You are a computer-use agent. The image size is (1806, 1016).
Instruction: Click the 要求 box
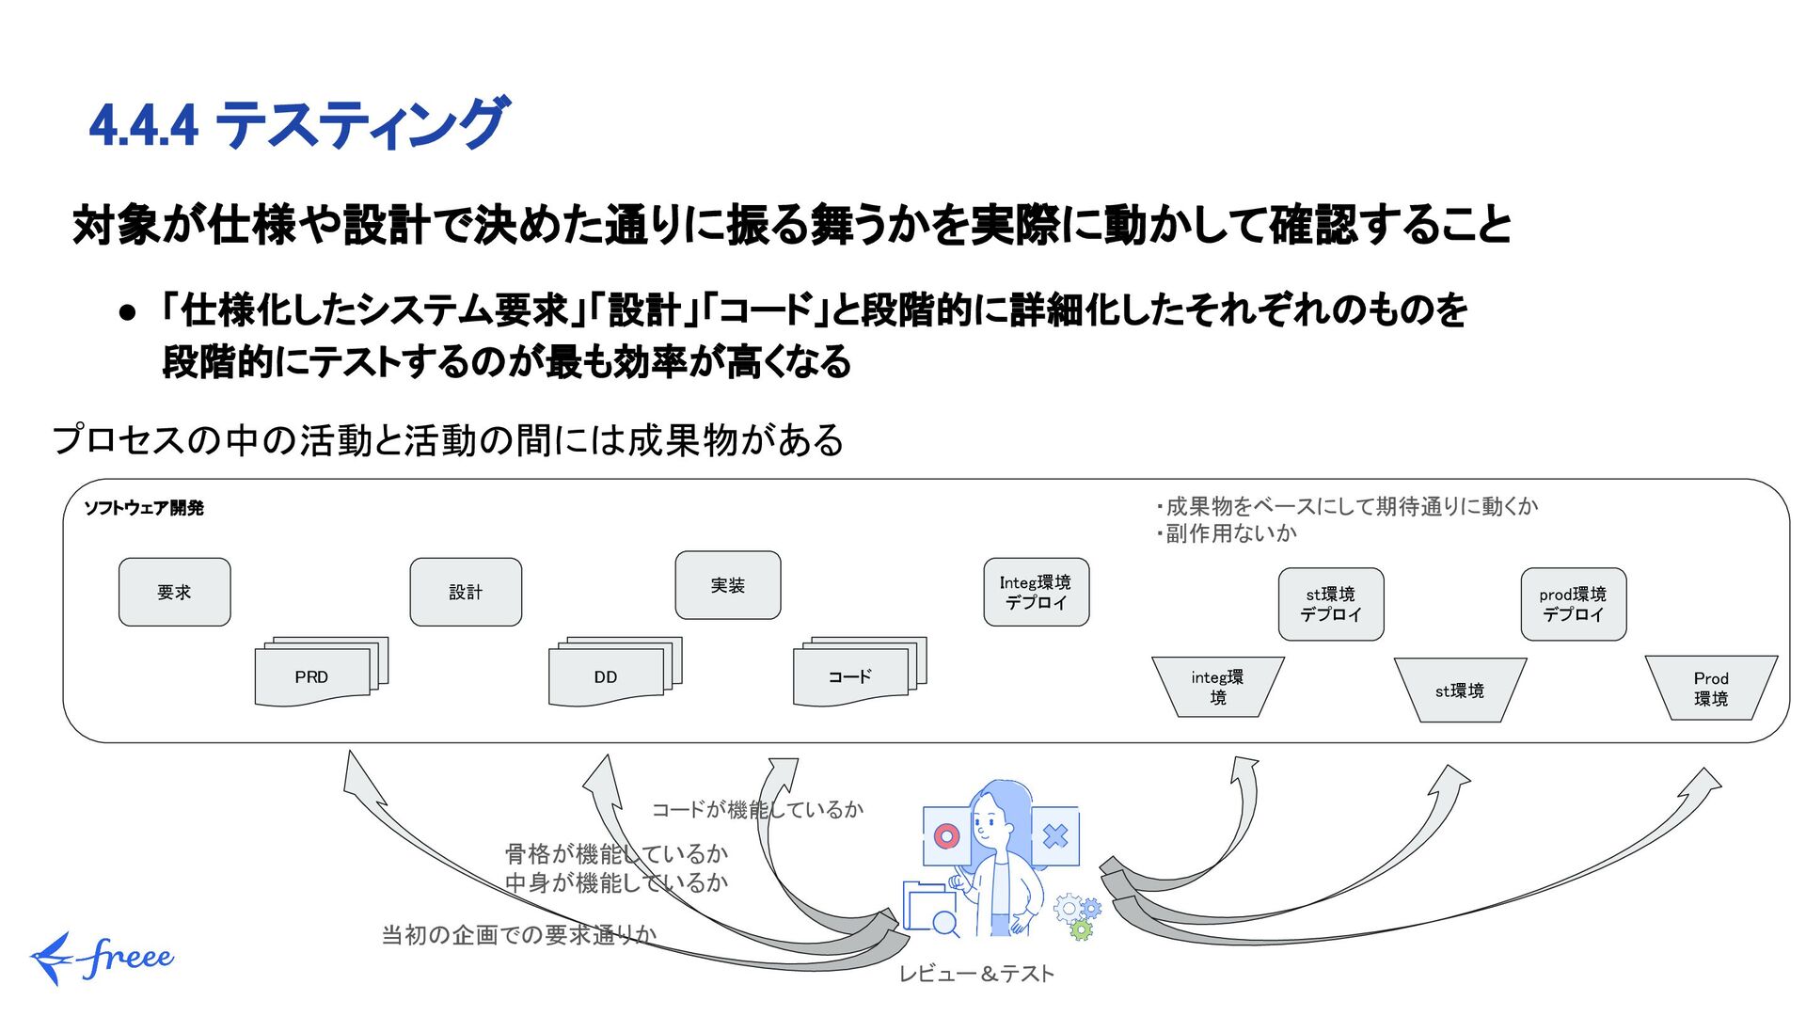tap(174, 592)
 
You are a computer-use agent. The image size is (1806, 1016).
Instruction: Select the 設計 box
tap(466, 592)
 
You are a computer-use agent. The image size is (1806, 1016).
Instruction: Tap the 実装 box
tap(727, 585)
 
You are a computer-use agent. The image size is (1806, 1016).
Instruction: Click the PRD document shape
tap(312, 677)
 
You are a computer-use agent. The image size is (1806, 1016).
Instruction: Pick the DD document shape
tap(606, 677)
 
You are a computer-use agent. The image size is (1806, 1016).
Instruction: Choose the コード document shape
tap(850, 677)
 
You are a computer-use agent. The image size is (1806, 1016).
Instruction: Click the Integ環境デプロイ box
tap(1036, 592)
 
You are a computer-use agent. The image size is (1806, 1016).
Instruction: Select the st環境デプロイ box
tap(1331, 604)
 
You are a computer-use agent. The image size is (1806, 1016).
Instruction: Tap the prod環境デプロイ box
tap(1573, 604)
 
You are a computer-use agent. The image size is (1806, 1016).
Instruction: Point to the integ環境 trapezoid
tap(1217, 687)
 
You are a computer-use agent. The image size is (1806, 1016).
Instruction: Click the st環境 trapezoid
tap(1460, 691)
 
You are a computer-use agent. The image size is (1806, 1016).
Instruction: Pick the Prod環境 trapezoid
tap(1711, 689)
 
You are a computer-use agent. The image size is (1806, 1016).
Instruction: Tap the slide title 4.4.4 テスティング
tap(299, 124)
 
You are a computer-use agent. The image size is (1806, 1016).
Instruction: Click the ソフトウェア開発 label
tap(144, 508)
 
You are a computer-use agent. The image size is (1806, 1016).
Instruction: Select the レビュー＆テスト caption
tap(976, 974)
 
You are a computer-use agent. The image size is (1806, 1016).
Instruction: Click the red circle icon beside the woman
tap(946, 835)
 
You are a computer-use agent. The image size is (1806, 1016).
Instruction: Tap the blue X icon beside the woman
tap(1055, 835)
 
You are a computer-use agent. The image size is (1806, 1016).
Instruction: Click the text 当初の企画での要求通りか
tap(518, 934)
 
